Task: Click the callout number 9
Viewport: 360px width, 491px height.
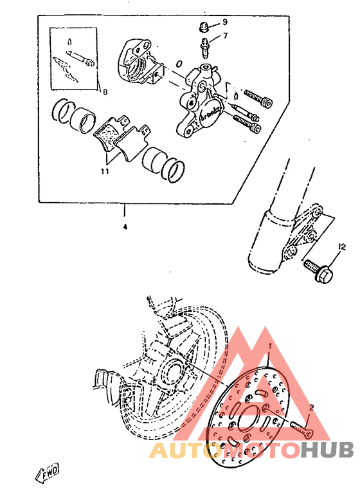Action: [225, 22]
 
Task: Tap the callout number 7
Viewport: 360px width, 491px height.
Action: [225, 36]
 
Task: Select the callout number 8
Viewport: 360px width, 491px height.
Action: [105, 92]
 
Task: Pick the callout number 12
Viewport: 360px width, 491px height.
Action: [342, 246]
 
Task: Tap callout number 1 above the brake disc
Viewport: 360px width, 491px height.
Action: [271, 346]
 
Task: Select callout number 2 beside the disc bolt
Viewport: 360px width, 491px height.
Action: [311, 407]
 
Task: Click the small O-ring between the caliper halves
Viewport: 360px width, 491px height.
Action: [178, 63]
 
